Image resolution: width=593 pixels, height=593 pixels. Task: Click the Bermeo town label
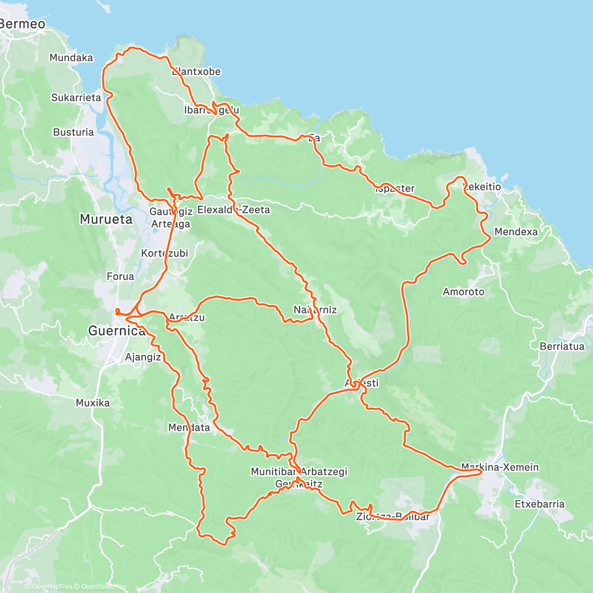click(22, 24)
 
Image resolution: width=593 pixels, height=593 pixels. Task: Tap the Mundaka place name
click(71, 58)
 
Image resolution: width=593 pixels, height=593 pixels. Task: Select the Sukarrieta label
click(76, 97)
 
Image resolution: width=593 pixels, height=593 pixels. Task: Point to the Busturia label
click(73, 132)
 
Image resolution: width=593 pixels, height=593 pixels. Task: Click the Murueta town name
click(106, 219)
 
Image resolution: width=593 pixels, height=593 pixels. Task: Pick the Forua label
click(120, 276)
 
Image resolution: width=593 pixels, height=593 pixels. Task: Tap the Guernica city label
click(117, 330)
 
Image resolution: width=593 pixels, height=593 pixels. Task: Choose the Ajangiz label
click(143, 357)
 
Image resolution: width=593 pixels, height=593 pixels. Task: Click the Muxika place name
click(93, 403)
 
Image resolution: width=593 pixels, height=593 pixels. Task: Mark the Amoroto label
click(464, 292)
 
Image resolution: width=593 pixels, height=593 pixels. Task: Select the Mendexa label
click(516, 231)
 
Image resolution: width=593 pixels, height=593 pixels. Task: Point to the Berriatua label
click(562, 346)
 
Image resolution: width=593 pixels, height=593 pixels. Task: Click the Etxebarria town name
click(540, 504)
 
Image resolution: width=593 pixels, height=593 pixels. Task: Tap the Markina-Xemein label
click(500, 467)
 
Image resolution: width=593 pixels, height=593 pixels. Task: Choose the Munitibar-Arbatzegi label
click(299, 471)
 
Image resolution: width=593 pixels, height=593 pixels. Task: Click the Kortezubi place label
click(165, 253)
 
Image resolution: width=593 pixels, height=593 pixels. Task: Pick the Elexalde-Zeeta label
click(234, 210)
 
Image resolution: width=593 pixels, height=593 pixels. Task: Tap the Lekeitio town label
click(483, 187)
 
